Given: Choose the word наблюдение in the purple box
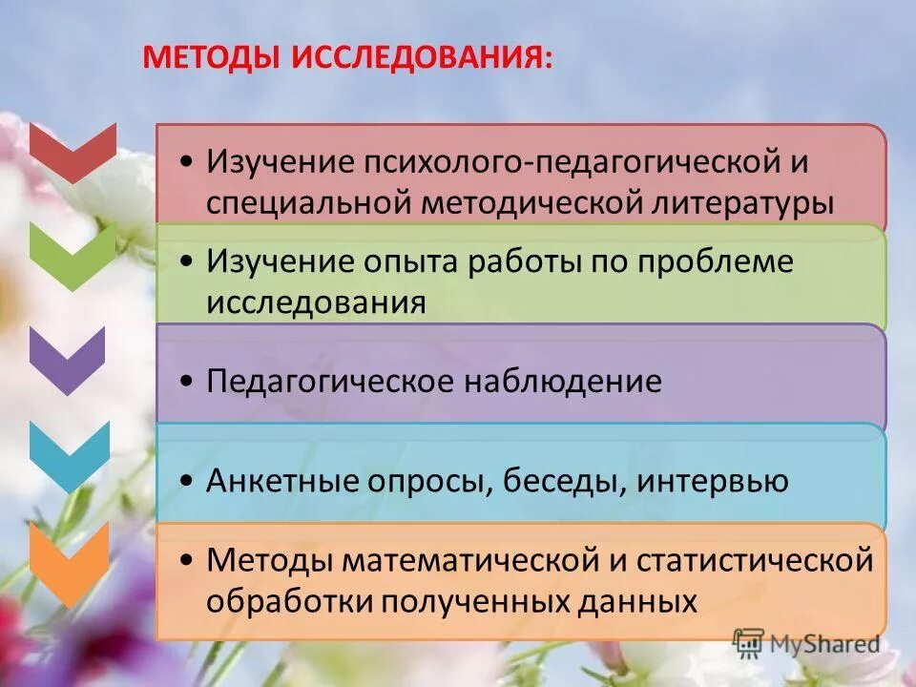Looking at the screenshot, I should point(562,382).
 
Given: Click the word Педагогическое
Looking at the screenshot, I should point(329,382).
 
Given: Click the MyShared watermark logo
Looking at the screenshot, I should point(806,643).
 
